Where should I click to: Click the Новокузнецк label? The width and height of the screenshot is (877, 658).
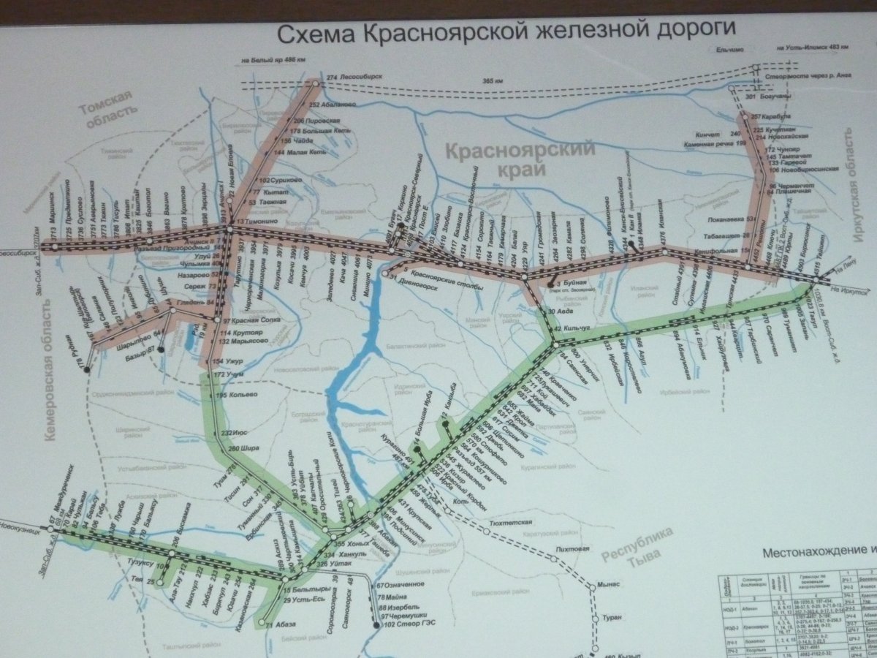pos(20,530)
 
